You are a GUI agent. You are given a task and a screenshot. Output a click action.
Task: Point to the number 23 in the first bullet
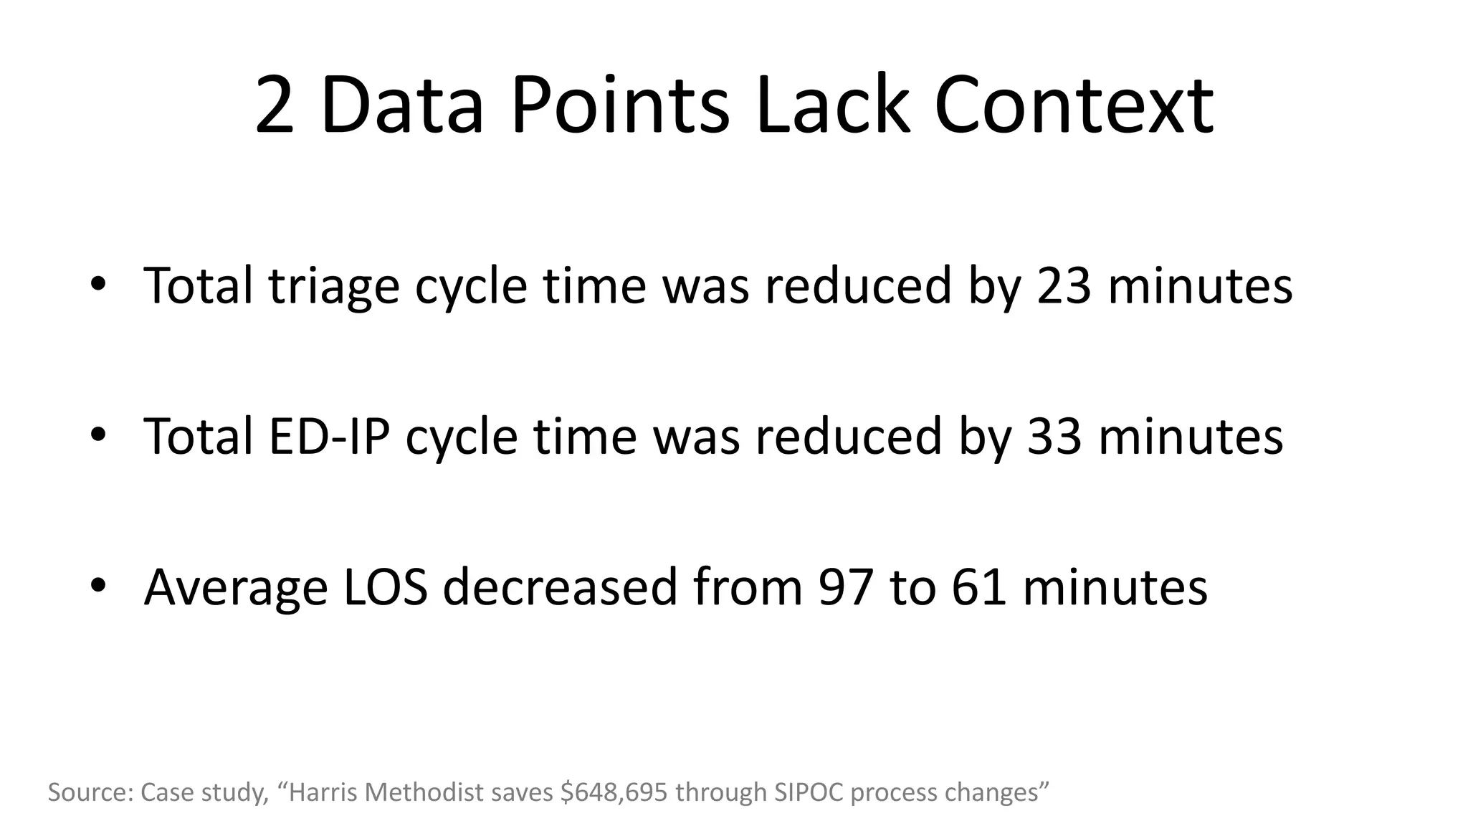[x=1064, y=285]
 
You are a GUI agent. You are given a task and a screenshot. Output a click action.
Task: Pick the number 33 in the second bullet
[x=1054, y=436]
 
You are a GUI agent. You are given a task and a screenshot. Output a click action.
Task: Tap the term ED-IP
[x=328, y=436]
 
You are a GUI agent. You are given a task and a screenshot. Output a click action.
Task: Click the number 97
[x=846, y=587]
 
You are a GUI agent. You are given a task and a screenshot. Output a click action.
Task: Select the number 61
[x=978, y=587]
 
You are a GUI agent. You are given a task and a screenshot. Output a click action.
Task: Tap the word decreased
[x=560, y=587]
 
